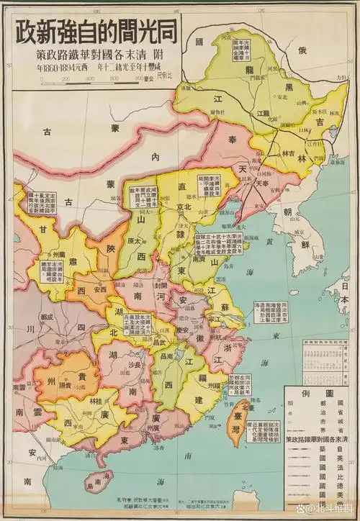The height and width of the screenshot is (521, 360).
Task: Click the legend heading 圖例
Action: point(318,394)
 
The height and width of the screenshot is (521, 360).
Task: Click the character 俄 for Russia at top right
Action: point(302,51)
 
